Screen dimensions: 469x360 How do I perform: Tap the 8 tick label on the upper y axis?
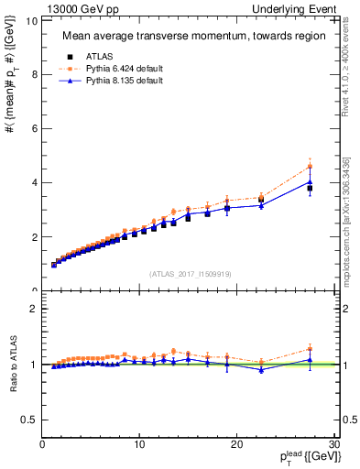[x=34, y=74]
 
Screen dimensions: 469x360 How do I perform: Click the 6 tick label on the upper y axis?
[x=34, y=128]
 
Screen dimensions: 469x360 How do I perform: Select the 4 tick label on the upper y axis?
[x=34, y=182]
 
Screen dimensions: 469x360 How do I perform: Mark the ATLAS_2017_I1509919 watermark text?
[x=191, y=274]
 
